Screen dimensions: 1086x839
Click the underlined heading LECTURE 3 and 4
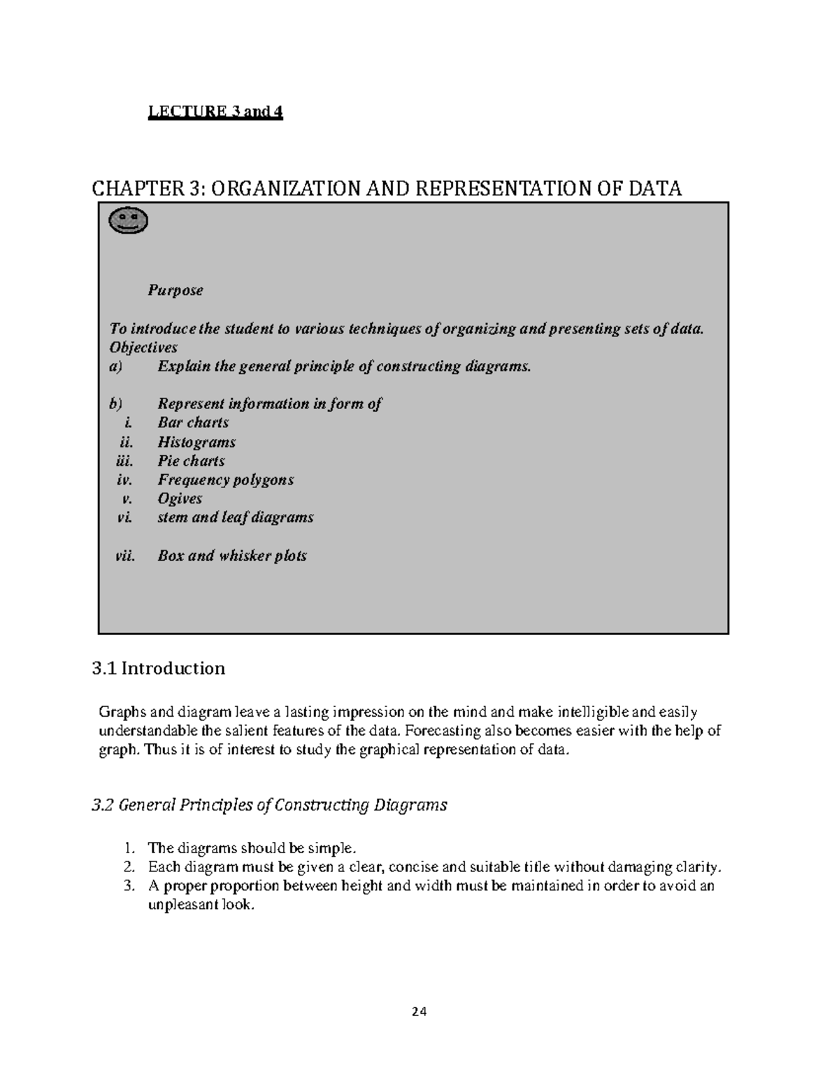(x=215, y=112)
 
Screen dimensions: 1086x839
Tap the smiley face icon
(x=129, y=221)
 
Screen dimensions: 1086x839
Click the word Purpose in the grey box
(x=175, y=290)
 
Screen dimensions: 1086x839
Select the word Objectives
(x=143, y=348)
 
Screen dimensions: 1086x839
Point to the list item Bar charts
(x=193, y=422)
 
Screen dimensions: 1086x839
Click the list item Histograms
(x=196, y=442)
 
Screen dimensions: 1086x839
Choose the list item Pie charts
(x=191, y=461)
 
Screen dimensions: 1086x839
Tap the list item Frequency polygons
(x=225, y=480)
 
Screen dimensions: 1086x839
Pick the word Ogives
(x=180, y=499)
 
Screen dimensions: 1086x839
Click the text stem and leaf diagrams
(x=235, y=517)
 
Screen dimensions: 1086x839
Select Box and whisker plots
(x=232, y=556)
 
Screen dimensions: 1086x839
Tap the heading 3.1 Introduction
(x=159, y=669)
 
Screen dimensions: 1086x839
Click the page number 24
(x=419, y=1011)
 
